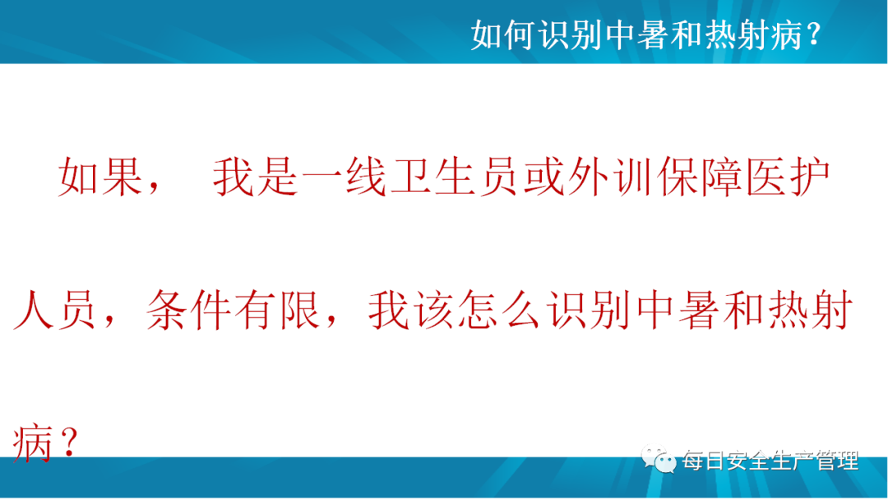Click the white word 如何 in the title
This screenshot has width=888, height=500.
(x=503, y=35)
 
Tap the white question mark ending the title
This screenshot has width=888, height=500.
(x=814, y=35)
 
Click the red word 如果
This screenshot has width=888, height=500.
(x=100, y=177)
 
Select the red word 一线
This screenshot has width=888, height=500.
(x=345, y=177)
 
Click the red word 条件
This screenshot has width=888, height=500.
(x=188, y=310)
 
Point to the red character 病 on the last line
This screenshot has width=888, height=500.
(x=33, y=442)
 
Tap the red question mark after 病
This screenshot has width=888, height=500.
(x=68, y=442)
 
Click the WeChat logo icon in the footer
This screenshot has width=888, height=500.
(x=659, y=460)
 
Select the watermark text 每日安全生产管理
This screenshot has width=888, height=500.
(x=770, y=461)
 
